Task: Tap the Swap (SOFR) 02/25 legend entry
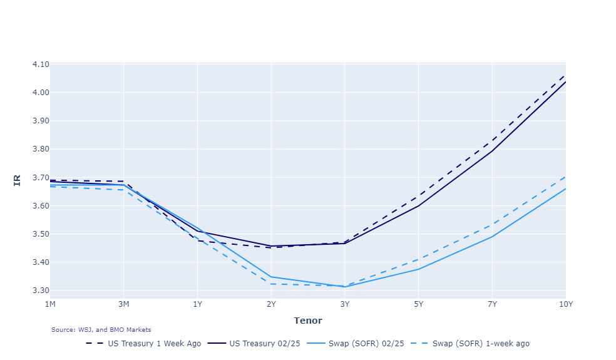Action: click(367, 343)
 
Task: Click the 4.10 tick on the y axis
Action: click(40, 64)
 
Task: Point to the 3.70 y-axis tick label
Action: click(40, 178)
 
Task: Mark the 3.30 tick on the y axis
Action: click(40, 291)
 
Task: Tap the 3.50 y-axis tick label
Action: click(40, 234)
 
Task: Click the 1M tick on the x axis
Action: click(50, 304)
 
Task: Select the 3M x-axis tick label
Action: click(124, 304)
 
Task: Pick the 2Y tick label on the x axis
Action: click(271, 304)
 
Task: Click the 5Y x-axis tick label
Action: click(418, 304)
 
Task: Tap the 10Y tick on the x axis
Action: click(565, 304)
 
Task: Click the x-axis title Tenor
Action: click(307, 321)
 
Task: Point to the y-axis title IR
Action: click(17, 180)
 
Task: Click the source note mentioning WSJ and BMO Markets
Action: click(101, 329)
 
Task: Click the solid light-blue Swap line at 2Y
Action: click(271, 277)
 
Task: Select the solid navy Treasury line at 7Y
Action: click(492, 151)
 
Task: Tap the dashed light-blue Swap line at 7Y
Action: click(492, 224)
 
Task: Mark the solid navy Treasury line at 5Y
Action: click(418, 206)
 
